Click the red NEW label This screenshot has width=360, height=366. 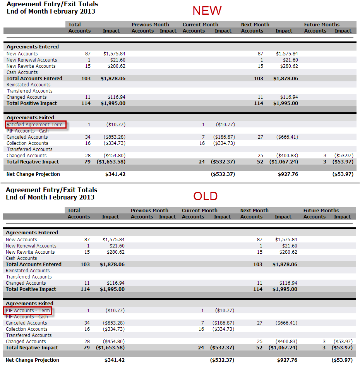(x=207, y=10)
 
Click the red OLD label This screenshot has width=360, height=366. (x=206, y=196)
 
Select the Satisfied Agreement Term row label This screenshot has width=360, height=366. (x=34, y=125)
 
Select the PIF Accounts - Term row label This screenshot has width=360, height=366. (x=28, y=311)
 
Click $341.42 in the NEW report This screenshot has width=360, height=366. (x=115, y=174)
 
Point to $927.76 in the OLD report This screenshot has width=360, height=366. (x=287, y=360)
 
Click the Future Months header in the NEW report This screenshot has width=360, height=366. (x=322, y=25)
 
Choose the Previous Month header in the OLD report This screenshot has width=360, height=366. (x=149, y=211)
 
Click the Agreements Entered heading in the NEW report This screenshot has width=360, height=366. (x=33, y=47)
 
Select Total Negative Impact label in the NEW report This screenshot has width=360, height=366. (x=33, y=162)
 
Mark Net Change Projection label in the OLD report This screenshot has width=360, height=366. (x=33, y=360)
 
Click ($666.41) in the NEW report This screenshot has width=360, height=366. (x=287, y=137)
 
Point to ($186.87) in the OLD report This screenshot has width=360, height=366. (x=223, y=323)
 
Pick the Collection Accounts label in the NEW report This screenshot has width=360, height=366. (x=27, y=143)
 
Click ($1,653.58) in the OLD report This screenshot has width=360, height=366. (x=110, y=348)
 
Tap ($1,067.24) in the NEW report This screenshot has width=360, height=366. (x=284, y=162)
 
